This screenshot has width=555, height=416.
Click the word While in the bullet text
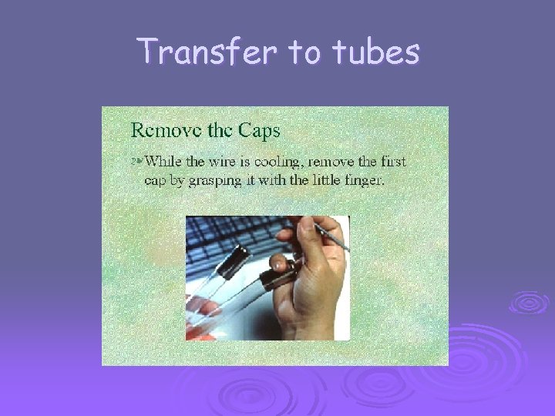tap(164, 161)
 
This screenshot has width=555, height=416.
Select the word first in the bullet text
tap(390, 161)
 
